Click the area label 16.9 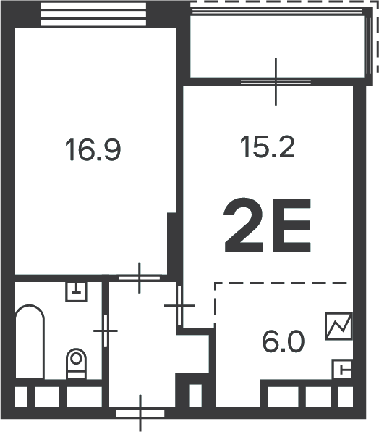click(93, 150)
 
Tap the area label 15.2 click(267, 148)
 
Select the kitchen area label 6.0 click(283, 342)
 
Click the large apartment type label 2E click(268, 225)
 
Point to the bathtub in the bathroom click(30, 341)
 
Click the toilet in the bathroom click(76, 363)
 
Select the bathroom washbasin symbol click(76, 291)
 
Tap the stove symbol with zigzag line click(338, 326)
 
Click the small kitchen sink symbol click(342, 369)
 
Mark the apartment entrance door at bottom click(140, 413)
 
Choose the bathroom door click(106, 331)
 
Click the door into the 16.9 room click(140, 278)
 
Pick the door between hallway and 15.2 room click(179, 306)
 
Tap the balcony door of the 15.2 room click(276, 82)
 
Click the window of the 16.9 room click(93, 14)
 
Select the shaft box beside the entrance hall click(195, 396)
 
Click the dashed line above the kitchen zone click(281, 283)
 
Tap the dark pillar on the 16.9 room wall click(171, 244)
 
